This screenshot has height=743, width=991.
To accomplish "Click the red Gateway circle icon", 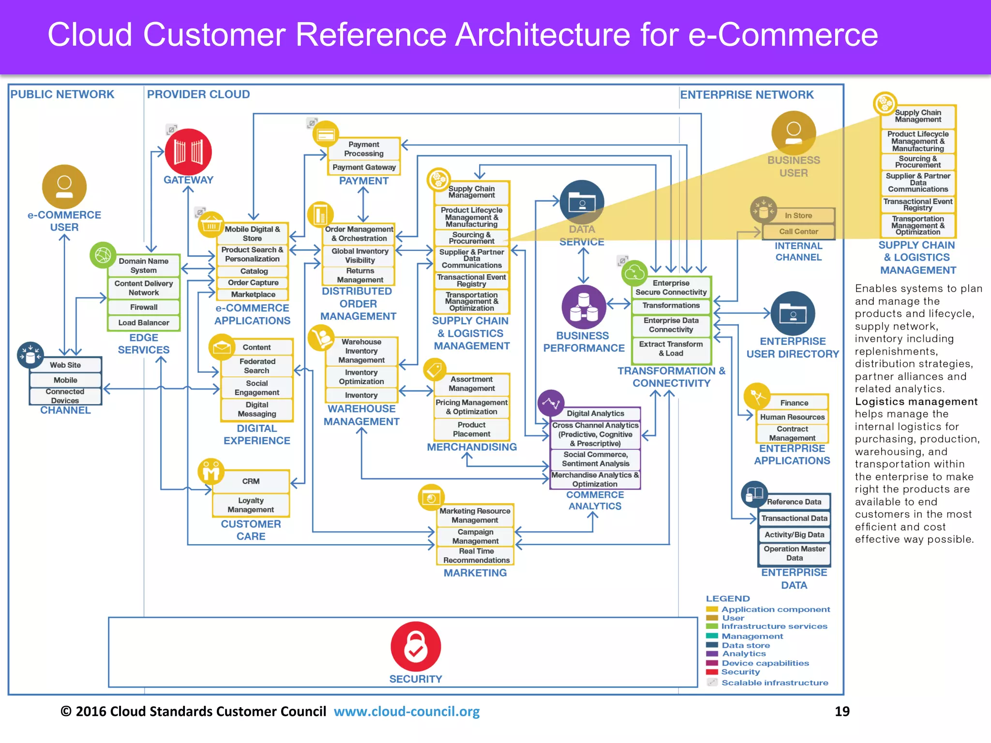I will coord(188,152).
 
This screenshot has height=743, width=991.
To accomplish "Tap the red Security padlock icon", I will coord(416,647).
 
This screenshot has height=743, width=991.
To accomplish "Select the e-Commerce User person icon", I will coord(64,187).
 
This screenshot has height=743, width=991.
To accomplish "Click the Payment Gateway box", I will coord(364,167).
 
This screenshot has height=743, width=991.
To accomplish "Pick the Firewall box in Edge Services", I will coord(144,307).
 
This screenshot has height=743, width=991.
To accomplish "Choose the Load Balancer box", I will coord(144,323).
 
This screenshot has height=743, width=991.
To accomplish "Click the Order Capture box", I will coord(253,282).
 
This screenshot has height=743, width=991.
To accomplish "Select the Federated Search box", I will coord(257,366).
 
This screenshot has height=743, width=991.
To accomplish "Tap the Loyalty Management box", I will coord(251,505).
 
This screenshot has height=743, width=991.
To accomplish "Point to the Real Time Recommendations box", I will coord(476,556).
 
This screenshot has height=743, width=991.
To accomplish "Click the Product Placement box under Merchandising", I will coord(472,430).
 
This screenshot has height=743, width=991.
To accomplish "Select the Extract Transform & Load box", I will coord(671,349).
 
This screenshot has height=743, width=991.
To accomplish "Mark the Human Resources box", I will coord(792,417).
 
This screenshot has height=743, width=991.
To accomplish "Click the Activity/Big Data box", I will coord(794,535).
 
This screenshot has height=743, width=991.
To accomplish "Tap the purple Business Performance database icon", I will coord(584,307).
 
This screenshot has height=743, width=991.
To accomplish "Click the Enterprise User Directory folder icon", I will coord(793,313).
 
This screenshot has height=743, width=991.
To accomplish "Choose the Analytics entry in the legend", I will coord(744,654).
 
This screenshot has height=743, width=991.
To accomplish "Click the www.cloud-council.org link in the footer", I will coord(406,712).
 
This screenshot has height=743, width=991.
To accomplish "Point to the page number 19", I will coord(842,712).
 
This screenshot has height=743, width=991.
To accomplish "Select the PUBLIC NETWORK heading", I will coord(62,94).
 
